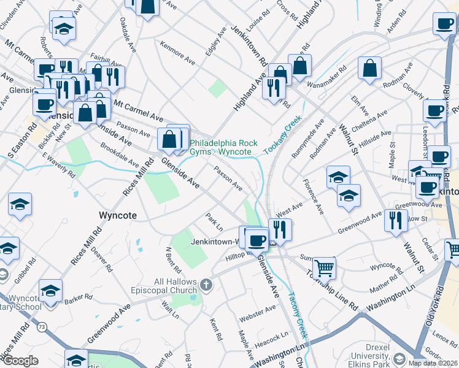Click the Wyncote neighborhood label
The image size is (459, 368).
tap(117, 216)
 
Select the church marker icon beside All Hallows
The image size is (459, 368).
tap(206, 285)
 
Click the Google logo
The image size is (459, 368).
tap(20, 361)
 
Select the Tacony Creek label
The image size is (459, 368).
tap(296, 316)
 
